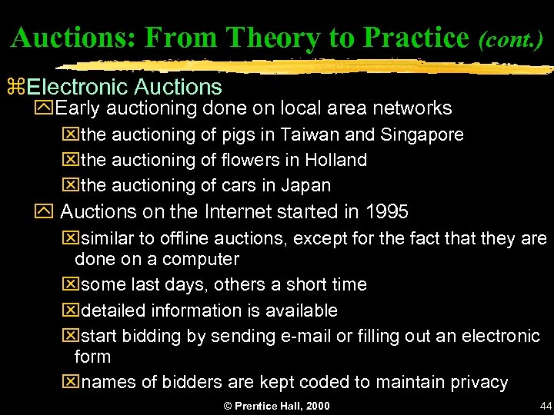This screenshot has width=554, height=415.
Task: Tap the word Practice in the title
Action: point(416,38)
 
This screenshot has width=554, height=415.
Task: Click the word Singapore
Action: point(422,134)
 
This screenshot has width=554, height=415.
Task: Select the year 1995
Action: point(387,211)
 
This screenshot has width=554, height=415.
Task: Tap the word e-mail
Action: point(309,336)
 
